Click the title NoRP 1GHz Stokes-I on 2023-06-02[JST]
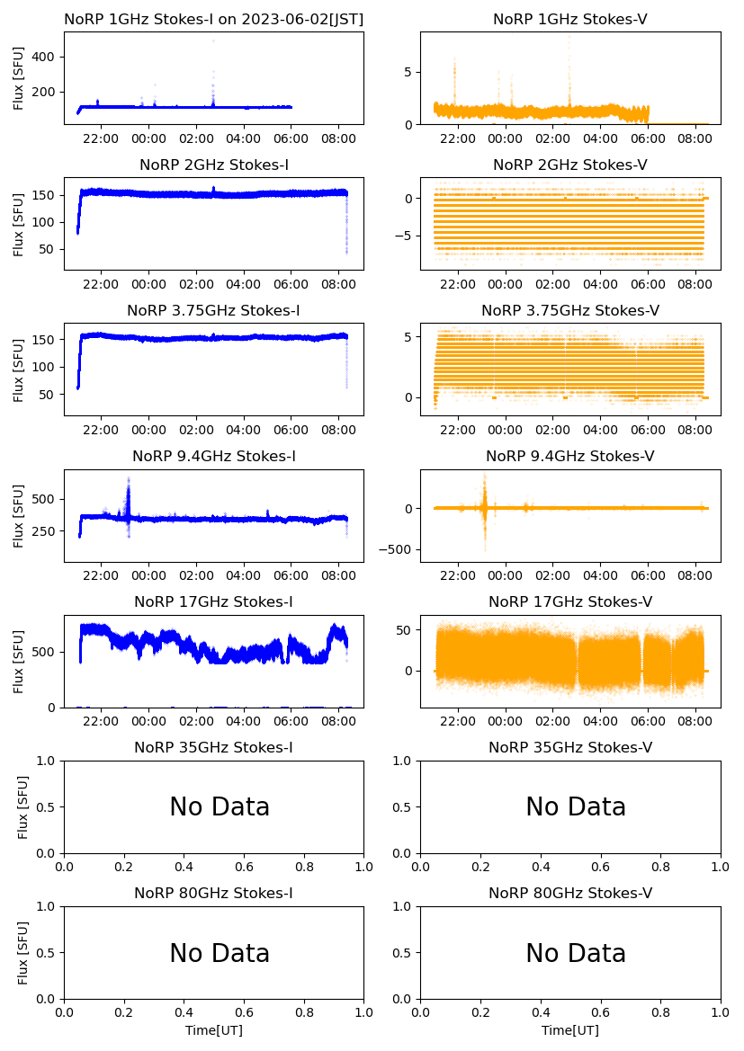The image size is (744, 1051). tap(213, 20)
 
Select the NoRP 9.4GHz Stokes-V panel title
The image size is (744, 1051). tap(569, 457)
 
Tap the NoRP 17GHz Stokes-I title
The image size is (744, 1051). tap(213, 602)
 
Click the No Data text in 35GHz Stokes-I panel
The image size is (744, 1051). tap(220, 807)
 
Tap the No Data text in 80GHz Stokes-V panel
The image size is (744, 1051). tap(576, 953)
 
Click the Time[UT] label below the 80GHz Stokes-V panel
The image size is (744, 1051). tap(569, 1030)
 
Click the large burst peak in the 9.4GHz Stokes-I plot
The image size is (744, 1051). tap(129, 479)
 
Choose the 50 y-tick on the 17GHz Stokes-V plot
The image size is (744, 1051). tap(406, 630)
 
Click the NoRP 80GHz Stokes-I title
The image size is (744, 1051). tap(213, 894)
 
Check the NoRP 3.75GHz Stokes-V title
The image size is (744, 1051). tap(569, 311)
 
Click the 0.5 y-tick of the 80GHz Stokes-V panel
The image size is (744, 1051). tap(406, 953)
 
